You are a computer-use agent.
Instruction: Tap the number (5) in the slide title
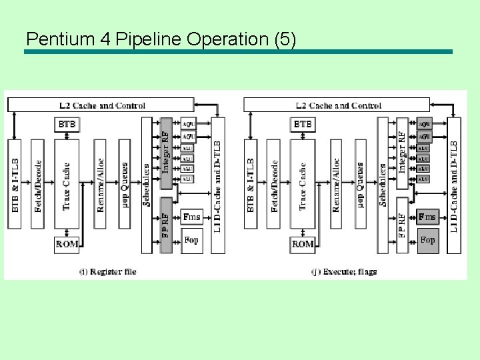click(x=285, y=39)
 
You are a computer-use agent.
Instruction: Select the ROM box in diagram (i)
click(x=67, y=245)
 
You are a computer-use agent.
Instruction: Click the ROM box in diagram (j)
click(x=303, y=245)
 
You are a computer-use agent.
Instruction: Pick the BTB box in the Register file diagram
click(x=67, y=125)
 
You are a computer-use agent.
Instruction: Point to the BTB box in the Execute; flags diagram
click(x=303, y=125)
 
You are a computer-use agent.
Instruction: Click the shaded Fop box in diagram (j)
click(x=428, y=240)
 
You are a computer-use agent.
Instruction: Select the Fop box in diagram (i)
click(x=191, y=240)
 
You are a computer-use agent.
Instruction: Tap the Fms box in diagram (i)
click(x=191, y=217)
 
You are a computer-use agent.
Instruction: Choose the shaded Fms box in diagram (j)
click(x=428, y=217)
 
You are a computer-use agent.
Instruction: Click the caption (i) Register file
click(x=107, y=271)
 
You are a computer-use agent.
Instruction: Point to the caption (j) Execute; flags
click(x=344, y=271)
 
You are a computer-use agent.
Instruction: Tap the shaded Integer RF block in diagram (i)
click(x=166, y=153)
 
